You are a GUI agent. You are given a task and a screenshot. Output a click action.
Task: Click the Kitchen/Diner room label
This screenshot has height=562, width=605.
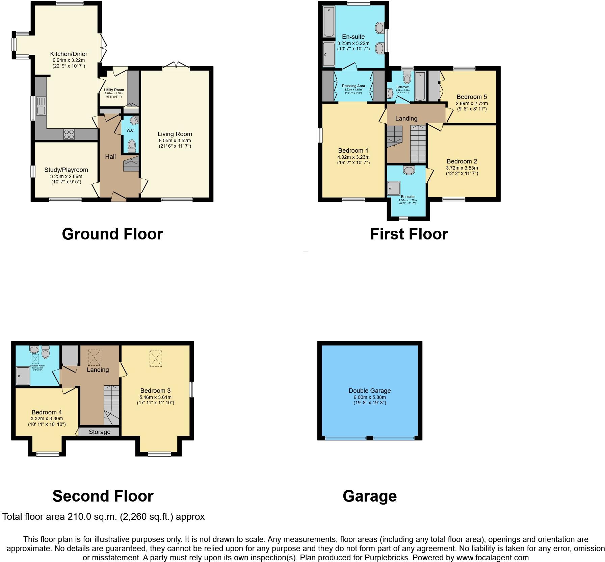(69, 54)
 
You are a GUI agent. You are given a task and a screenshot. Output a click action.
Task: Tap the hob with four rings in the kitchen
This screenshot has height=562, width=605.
(69, 134)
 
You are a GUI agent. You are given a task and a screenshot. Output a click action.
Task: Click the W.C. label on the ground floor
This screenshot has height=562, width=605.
(131, 130)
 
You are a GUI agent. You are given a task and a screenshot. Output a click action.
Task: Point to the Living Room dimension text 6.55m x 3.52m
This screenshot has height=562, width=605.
(175, 140)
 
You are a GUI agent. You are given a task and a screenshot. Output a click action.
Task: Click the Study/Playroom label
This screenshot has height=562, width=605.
(66, 170)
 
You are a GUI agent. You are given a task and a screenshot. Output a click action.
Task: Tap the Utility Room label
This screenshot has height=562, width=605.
(114, 90)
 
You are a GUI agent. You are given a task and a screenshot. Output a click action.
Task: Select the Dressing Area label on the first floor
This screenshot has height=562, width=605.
(353, 86)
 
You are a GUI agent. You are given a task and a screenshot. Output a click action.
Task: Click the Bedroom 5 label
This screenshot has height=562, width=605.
(472, 97)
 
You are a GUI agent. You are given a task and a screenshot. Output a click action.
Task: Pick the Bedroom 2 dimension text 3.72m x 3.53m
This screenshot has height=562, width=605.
(462, 168)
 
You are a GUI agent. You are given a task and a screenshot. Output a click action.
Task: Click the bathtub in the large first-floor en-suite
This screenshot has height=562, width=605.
(328, 22)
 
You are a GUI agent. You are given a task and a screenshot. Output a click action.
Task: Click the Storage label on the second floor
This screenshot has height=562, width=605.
(100, 432)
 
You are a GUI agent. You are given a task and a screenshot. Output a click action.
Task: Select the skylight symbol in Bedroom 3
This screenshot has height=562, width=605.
(156, 358)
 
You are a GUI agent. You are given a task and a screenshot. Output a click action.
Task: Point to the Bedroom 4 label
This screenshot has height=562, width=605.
(47, 412)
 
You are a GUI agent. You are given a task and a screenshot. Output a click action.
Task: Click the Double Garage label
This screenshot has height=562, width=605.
(370, 391)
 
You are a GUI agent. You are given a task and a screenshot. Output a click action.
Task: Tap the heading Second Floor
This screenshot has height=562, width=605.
(103, 496)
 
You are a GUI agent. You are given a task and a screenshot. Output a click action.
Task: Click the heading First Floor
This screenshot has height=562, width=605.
(409, 234)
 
